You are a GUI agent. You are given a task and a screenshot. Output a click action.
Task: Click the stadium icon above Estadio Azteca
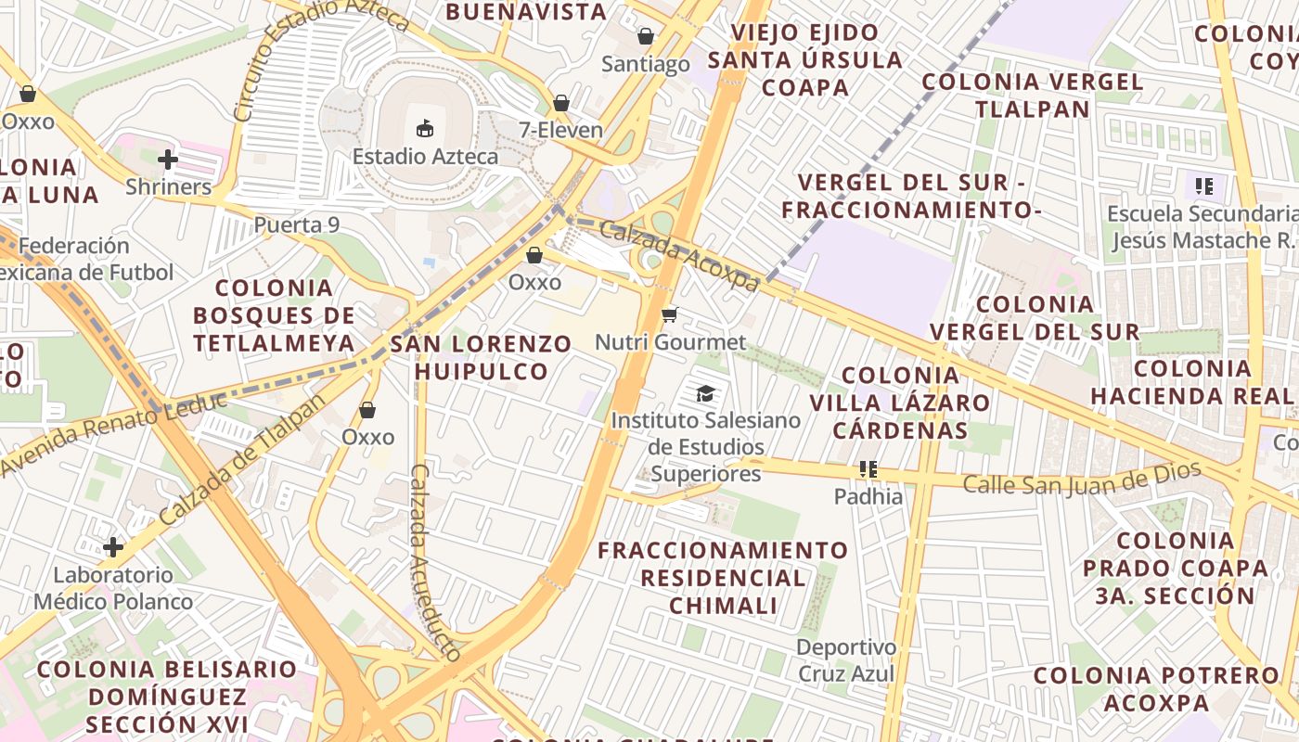(425, 128)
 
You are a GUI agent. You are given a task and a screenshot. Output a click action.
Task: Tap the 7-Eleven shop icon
(561, 103)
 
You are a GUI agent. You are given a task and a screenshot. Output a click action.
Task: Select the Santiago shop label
(646, 64)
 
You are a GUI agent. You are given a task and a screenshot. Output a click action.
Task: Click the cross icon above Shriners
(168, 160)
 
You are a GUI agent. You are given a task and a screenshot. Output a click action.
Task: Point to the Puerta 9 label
(297, 225)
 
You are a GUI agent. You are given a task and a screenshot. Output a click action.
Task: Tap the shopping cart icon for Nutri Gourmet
(669, 315)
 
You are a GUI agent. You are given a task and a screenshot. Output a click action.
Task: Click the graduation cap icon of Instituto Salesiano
(706, 393)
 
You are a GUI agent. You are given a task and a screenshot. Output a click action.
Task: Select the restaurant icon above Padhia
(868, 469)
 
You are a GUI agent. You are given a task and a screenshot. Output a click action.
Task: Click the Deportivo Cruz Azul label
(846, 660)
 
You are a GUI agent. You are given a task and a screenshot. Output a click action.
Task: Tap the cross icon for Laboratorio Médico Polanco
(113, 547)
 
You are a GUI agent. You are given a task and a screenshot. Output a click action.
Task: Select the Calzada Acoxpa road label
(679, 254)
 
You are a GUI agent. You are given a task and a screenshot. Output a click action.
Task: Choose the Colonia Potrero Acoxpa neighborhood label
(1156, 689)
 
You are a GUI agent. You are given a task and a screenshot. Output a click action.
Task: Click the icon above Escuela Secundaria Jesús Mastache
(1204, 186)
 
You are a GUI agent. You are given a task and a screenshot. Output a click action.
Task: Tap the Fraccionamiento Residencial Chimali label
(723, 578)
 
